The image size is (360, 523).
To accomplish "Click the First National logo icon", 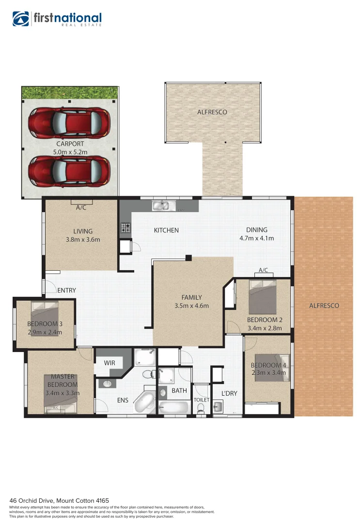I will click(21, 19).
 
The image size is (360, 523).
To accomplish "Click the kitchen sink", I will click(161, 206).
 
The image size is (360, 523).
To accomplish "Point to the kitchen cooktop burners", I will click(125, 228).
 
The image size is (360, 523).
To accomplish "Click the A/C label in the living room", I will click(81, 207).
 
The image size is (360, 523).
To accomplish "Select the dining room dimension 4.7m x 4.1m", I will click(256, 238).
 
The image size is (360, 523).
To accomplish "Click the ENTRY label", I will click(66, 291).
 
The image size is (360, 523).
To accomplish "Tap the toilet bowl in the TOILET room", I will click(201, 408).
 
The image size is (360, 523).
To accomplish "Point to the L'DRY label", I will click(229, 393).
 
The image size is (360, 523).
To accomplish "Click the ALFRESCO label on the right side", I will click(324, 306).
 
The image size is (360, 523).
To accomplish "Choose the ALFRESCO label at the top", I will click(212, 112).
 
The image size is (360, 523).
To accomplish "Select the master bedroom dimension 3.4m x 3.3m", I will click(62, 393).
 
